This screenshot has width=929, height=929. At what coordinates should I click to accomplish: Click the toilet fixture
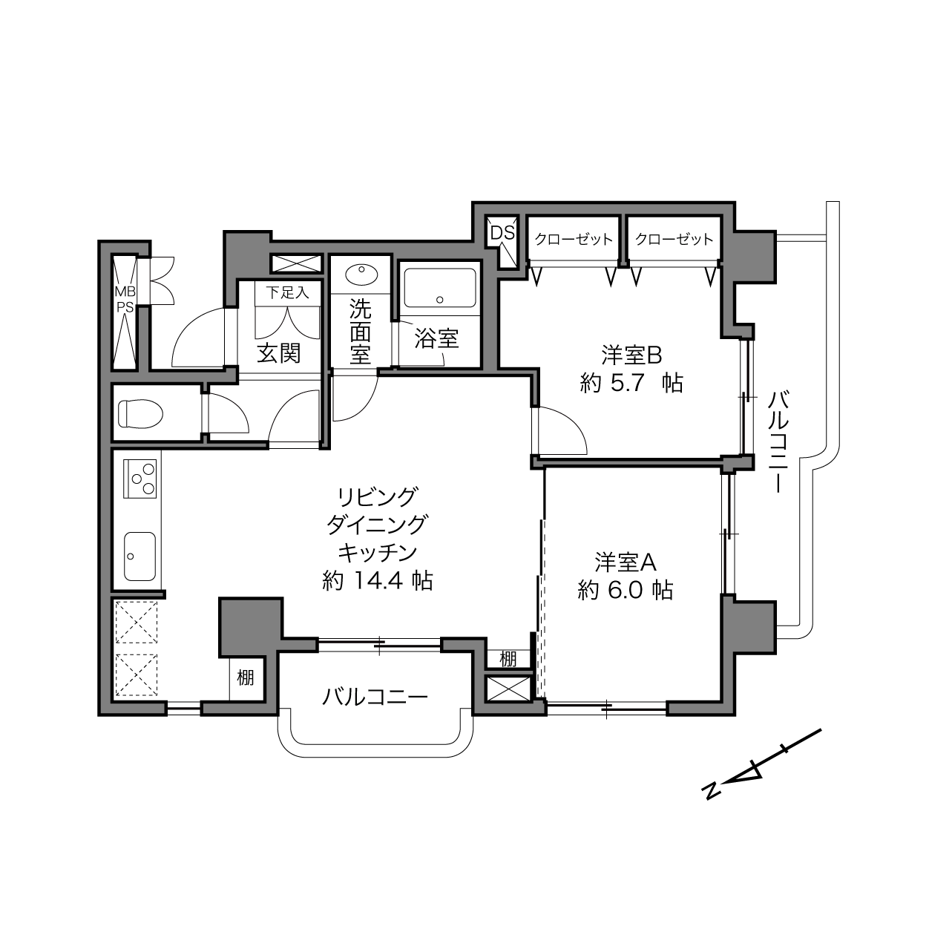click(140, 413)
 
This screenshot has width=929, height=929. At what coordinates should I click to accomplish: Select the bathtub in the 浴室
click(440, 289)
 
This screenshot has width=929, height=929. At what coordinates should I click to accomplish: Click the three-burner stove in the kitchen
click(139, 479)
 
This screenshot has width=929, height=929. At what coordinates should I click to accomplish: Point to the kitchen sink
click(139, 557)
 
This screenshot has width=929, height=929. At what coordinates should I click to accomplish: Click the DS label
click(502, 233)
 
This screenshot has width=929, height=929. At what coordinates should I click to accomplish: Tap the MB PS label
click(125, 299)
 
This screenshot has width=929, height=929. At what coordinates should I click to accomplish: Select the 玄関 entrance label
click(279, 353)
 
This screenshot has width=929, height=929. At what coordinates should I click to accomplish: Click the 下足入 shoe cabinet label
click(288, 292)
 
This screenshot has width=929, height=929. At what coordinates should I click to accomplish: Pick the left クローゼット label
click(574, 239)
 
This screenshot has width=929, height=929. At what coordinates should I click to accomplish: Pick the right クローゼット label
click(674, 239)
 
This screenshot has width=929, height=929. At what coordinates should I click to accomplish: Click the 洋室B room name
click(631, 355)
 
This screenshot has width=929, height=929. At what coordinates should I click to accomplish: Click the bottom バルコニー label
click(375, 697)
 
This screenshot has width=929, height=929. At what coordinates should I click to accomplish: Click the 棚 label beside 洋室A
click(508, 659)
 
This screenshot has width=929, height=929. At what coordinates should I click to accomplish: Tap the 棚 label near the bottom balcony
click(246, 677)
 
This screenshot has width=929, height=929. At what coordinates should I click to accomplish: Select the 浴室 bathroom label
click(436, 339)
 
